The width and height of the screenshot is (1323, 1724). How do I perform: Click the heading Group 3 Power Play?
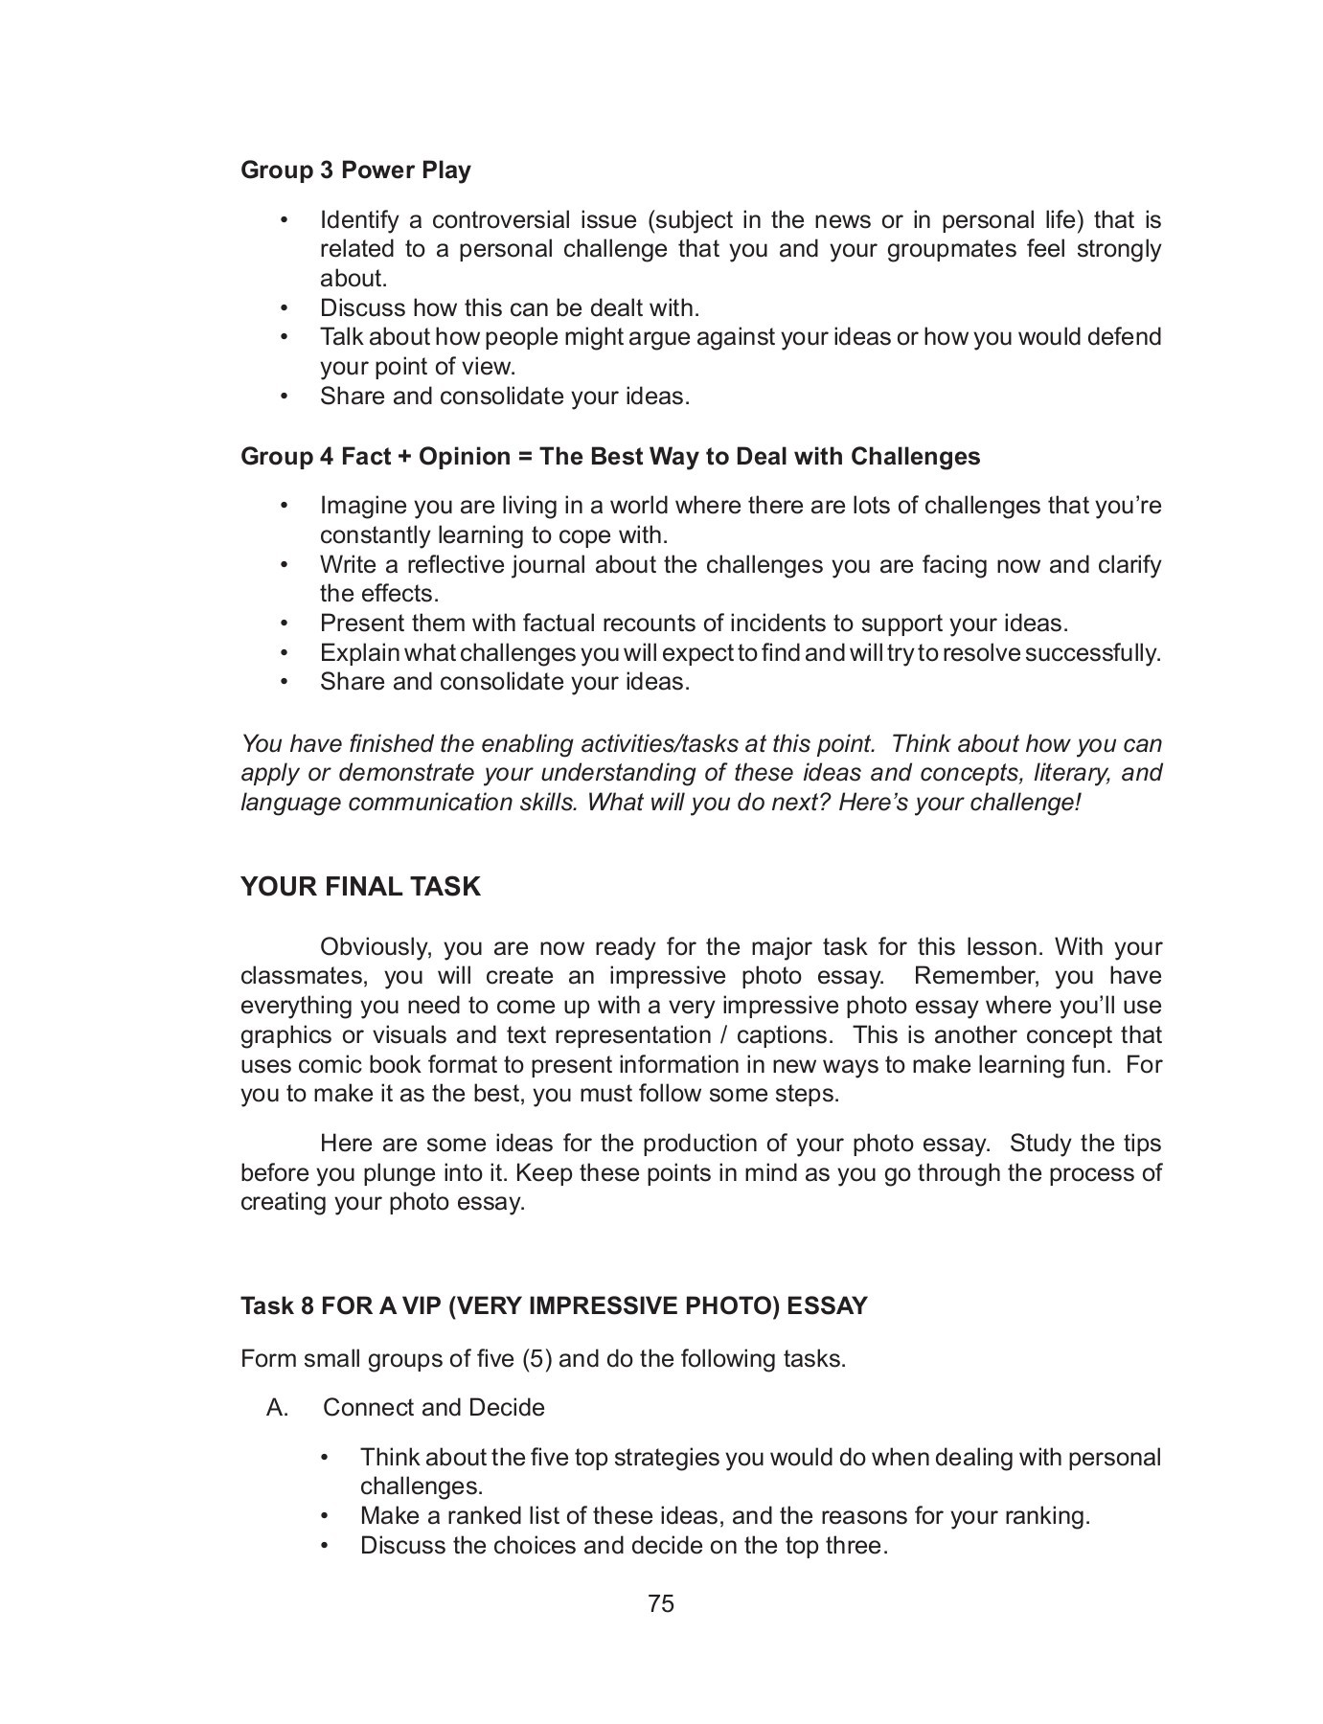pyautogui.click(x=355, y=170)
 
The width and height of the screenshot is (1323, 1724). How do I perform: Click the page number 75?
pyautogui.click(x=661, y=1603)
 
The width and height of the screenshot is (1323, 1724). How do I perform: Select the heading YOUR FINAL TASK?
pyautogui.click(x=360, y=887)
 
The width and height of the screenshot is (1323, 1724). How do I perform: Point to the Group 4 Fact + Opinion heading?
pyautogui.click(x=610, y=456)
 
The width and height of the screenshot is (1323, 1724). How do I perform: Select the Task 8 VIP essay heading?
pyautogui.click(x=554, y=1306)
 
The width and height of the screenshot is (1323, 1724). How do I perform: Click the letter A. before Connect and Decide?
pyautogui.click(x=278, y=1408)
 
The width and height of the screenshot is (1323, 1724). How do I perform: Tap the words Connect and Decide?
pyautogui.click(x=434, y=1408)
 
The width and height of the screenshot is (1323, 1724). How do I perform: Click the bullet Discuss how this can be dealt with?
pyautogui.click(x=510, y=308)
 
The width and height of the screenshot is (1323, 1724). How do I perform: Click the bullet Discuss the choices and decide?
pyautogui.click(x=624, y=1546)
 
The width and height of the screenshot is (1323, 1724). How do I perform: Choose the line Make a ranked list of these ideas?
pyautogui.click(x=724, y=1516)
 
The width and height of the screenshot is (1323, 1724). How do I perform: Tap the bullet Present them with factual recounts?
pyautogui.click(x=694, y=624)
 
